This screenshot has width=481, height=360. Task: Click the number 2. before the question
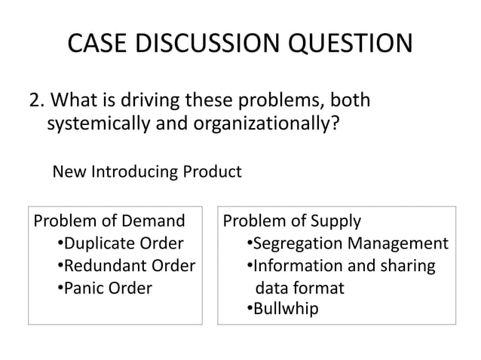point(37,102)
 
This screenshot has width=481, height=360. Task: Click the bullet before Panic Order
point(60,288)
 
